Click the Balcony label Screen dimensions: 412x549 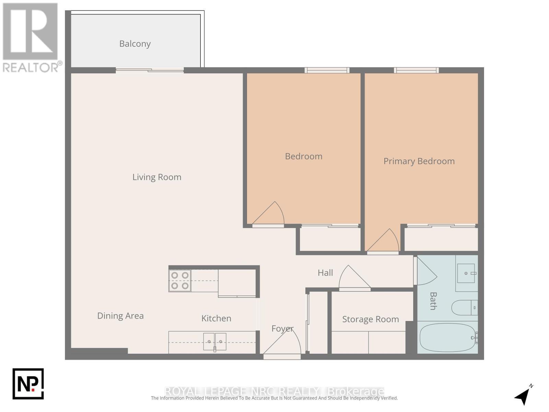coord(135,44)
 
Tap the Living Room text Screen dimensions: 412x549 coord(157,177)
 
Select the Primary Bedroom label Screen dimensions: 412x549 coord(419,161)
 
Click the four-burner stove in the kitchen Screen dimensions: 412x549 coord(180,281)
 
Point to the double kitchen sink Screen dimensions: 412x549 coord(215,342)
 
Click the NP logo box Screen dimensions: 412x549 coord(28,384)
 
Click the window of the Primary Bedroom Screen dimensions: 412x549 coord(416,70)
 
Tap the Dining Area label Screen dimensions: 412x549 coord(120,316)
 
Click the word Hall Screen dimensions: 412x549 coord(325,273)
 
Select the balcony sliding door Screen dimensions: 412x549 coord(150,70)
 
